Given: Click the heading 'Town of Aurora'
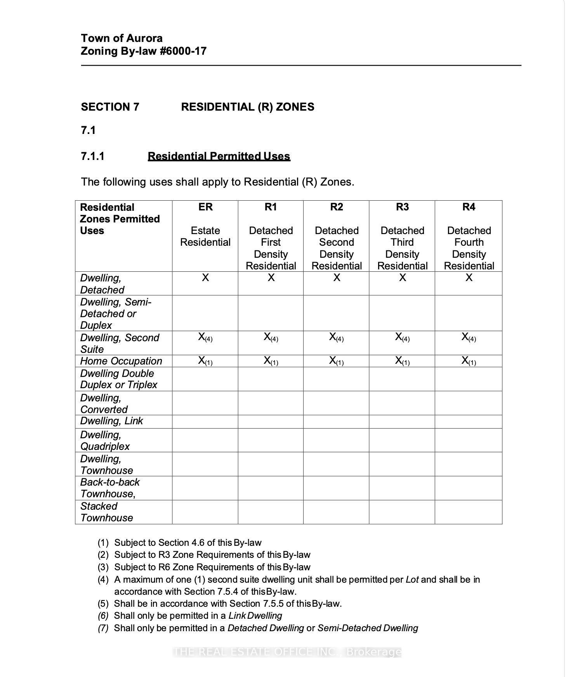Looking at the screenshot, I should tap(122, 38).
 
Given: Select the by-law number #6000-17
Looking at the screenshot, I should tap(183, 51).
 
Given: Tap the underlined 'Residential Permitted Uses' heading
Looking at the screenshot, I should tap(219, 156).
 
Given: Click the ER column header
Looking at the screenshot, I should tap(205, 207).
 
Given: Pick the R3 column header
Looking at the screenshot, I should tap(402, 207).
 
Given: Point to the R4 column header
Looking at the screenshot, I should tap(469, 207).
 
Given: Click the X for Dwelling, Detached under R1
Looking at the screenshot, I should tap(271, 278).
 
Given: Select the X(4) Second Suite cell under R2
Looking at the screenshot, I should tap(336, 337).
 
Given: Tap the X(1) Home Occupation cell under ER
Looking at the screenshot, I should tap(205, 361).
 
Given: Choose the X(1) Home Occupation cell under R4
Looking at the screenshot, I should tap(469, 361).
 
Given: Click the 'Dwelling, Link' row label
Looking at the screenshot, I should tap(111, 421).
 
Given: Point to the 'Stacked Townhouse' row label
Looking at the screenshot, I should tap(106, 512).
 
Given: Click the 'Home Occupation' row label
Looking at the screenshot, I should tap(121, 361).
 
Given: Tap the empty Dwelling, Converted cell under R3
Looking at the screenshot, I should tap(402, 403).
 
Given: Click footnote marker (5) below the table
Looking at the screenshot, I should tap(103, 603).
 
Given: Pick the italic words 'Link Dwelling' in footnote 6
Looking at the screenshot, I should tap(255, 616).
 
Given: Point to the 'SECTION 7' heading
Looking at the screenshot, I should tap(110, 107).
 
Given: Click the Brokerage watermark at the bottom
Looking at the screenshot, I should tap(286, 652).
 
